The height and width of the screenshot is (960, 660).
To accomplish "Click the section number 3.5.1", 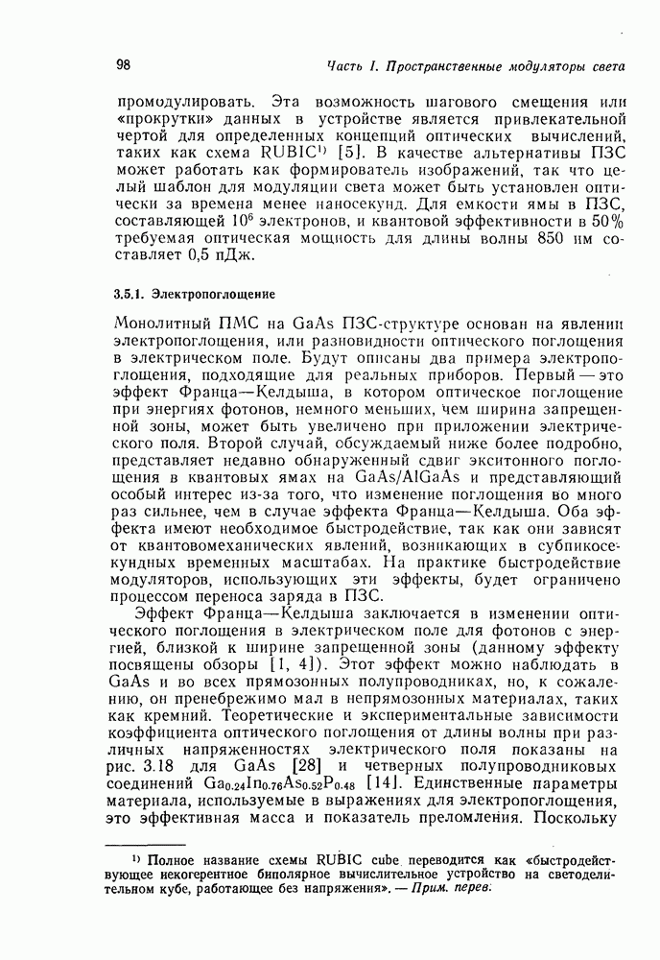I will click(x=130, y=293).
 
